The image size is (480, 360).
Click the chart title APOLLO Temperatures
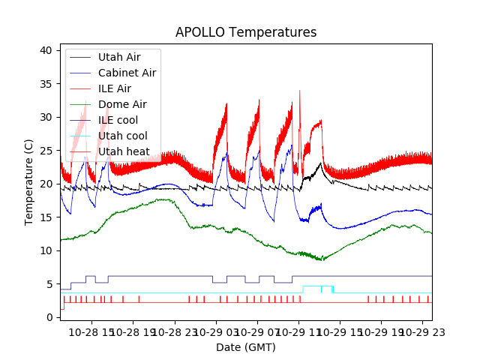click(x=246, y=32)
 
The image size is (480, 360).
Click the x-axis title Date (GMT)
click(x=246, y=347)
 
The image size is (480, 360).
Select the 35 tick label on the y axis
click(x=46, y=84)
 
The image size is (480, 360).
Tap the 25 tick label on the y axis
click(x=46, y=151)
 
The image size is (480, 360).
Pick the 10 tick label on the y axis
click(x=46, y=250)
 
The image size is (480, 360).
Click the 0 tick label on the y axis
click(x=49, y=317)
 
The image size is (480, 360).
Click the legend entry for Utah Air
click(x=119, y=57)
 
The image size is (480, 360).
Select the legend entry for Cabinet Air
click(x=127, y=73)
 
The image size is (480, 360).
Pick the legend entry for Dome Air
click(x=122, y=104)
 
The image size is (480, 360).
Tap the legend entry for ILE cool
click(x=120, y=120)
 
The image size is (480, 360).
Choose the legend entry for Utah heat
click(x=124, y=151)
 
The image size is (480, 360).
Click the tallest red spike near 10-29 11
click(x=300, y=91)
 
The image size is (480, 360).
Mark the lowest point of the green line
click(x=322, y=260)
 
